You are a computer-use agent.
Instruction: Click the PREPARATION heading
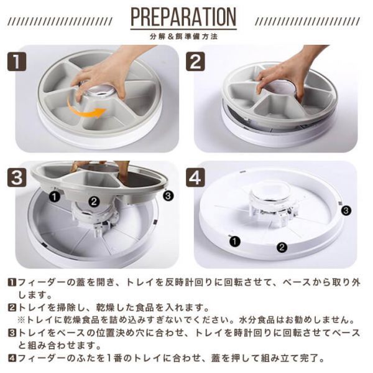183,17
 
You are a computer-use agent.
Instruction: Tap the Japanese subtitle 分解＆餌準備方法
183,37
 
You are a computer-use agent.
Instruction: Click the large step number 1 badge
17,62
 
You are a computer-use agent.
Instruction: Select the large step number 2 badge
195,62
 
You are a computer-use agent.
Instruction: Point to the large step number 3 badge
17,177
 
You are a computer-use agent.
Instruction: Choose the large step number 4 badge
195,177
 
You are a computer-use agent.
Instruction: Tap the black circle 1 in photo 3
55,197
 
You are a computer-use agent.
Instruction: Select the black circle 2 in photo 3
94,202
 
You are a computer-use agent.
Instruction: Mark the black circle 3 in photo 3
168,196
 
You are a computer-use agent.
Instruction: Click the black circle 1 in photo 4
235,242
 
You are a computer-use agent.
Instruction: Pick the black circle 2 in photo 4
282,247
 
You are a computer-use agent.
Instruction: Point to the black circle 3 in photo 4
346,210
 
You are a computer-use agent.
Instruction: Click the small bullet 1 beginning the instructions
12,283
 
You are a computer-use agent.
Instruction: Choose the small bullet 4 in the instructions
12,358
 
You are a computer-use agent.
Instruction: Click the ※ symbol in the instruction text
21,320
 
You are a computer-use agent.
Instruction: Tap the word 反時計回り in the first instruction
188,283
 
